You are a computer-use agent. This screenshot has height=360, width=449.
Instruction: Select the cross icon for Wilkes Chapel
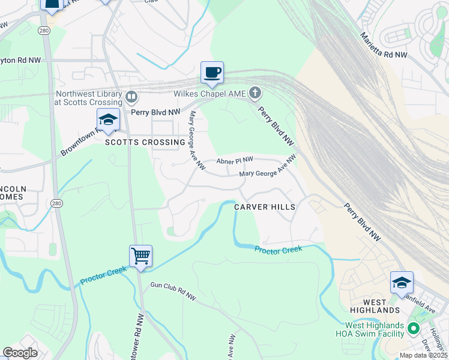point(256,93)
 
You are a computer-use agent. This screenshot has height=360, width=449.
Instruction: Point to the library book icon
point(131,96)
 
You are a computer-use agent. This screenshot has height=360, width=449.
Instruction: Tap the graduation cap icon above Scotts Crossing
point(108,119)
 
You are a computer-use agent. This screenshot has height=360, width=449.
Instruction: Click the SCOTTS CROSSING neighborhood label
point(145,142)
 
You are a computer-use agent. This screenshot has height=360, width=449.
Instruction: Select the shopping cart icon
point(140,256)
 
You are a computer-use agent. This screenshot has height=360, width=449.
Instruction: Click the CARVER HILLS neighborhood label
point(265,207)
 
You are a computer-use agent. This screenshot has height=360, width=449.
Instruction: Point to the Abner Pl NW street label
point(235,160)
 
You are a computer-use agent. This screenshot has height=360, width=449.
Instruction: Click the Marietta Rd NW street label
point(384,46)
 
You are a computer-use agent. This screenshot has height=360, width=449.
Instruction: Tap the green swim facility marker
point(413,329)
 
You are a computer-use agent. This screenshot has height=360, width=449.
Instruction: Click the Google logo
point(20,352)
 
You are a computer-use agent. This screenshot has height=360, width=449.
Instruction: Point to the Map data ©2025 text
point(423,355)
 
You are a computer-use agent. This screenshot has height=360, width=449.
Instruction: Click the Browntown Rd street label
point(81,143)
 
